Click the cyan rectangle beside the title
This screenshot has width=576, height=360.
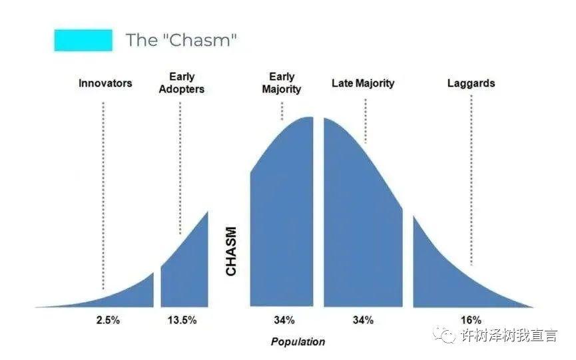(x=83, y=41)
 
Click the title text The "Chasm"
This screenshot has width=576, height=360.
(x=181, y=40)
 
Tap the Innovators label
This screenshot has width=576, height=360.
(x=105, y=83)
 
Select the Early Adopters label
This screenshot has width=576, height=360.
(x=182, y=83)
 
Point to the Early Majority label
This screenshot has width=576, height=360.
(x=282, y=83)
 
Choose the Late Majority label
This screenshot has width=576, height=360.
(x=363, y=83)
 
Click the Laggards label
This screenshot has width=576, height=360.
(x=471, y=83)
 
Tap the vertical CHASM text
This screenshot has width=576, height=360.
(x=231, y=251)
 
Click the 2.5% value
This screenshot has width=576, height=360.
(x=108, y=320)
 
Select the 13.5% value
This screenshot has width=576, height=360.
(x=182, y=320)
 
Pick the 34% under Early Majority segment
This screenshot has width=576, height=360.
(x=284, y=320)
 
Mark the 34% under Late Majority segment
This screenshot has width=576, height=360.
(x=364, y=320)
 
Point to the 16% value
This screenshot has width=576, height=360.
(x=471, y=320)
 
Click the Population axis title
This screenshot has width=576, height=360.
(x=298, y=342)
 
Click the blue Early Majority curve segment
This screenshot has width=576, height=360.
(x=282, y=220)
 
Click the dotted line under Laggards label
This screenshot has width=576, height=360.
(x=471, y=180)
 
